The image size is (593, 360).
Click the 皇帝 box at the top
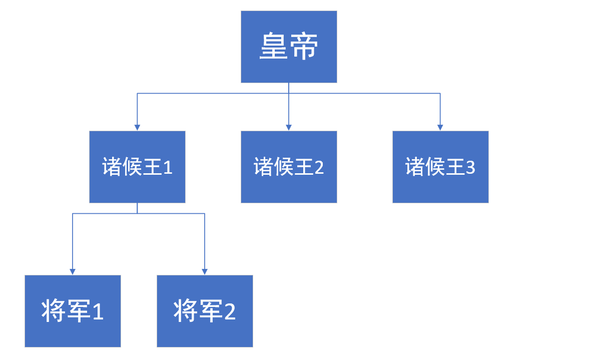tap(289, 47)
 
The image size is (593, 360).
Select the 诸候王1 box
tap(137, 167)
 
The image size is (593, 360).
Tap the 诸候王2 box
tap(289, 167)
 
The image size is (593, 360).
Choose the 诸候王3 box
tap(440, 167)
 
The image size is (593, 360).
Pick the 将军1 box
tap(73, 311)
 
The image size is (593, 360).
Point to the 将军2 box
tap(205, 311)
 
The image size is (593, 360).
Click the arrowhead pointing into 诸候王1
tap(137, 127)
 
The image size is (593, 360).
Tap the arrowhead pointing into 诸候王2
tap(289, 127)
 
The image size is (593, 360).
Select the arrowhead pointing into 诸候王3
tap(440, 127)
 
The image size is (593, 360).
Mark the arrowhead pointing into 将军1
tap(73, 271)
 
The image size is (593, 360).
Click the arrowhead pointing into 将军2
tap(205, 271)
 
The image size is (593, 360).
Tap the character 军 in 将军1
tap(77, 311)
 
